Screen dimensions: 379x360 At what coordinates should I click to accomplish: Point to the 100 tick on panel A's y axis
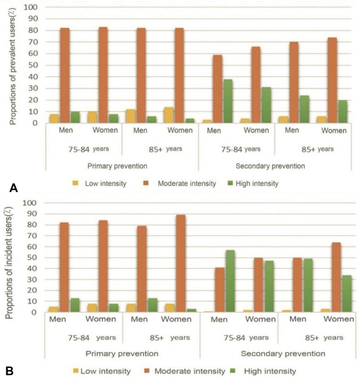pos(33,7)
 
